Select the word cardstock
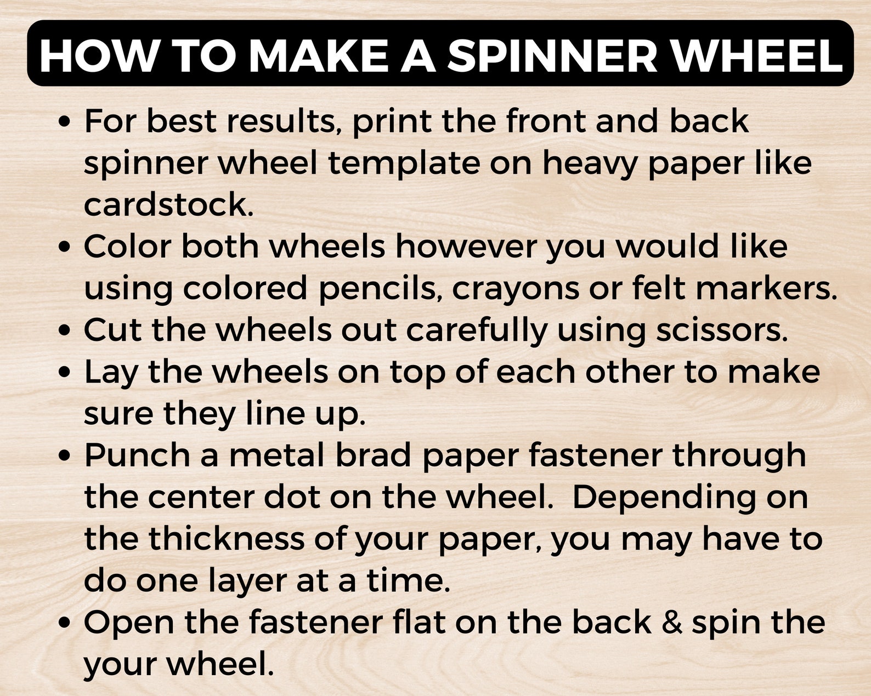[x=168, y=204]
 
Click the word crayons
[x=515, y=288]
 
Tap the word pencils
[x=381, y=288]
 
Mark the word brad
[x=373, y=455]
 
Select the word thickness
[x=226, y=538]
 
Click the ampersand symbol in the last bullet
[x=672, y=623]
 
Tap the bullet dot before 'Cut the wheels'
[x=65, y=331]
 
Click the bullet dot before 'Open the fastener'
[x=65, y=623]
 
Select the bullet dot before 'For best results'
[x=65, y=122]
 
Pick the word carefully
[x=477, y=330]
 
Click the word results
[x=281, y=121]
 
